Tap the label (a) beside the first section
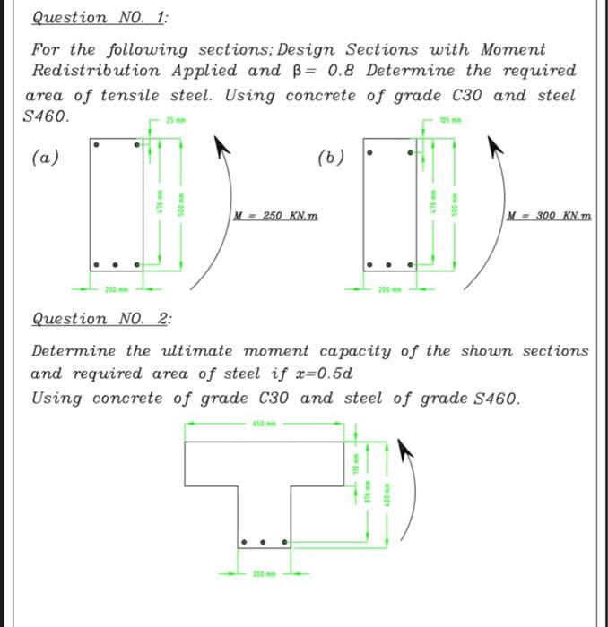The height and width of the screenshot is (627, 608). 46,158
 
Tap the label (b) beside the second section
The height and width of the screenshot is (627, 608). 331,158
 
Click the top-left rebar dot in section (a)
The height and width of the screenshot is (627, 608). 97,143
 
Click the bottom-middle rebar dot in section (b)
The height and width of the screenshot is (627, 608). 388,265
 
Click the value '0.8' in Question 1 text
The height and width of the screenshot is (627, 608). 336,70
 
